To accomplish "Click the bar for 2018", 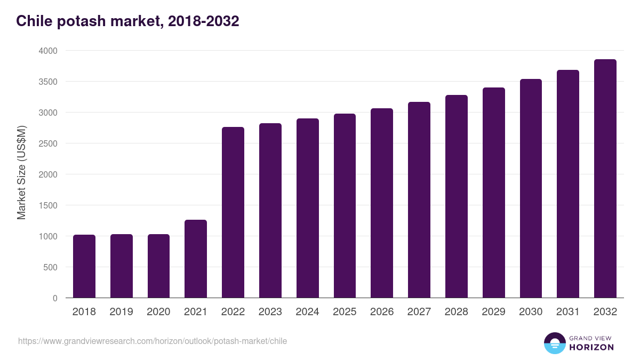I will click(84, 266).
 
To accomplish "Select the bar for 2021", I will click(196, 259).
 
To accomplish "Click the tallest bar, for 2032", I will click(605, 179).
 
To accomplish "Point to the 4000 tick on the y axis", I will click(47, 51).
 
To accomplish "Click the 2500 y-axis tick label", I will click(47, 143).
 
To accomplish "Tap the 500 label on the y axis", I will click(51, 267).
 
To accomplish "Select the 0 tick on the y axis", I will click(55, 298).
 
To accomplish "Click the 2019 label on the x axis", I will click(121, 312).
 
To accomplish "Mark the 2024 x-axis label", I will click(307, 312).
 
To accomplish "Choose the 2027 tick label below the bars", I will click(419, 312).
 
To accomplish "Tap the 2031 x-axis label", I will click(567, 312).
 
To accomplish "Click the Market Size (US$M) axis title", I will click(21, 172).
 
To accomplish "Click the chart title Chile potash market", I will click(127, 21).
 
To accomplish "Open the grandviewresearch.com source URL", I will click(152, 341).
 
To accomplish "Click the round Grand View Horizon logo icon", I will click(555, 343).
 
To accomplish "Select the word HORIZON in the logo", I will click(591, 347).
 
